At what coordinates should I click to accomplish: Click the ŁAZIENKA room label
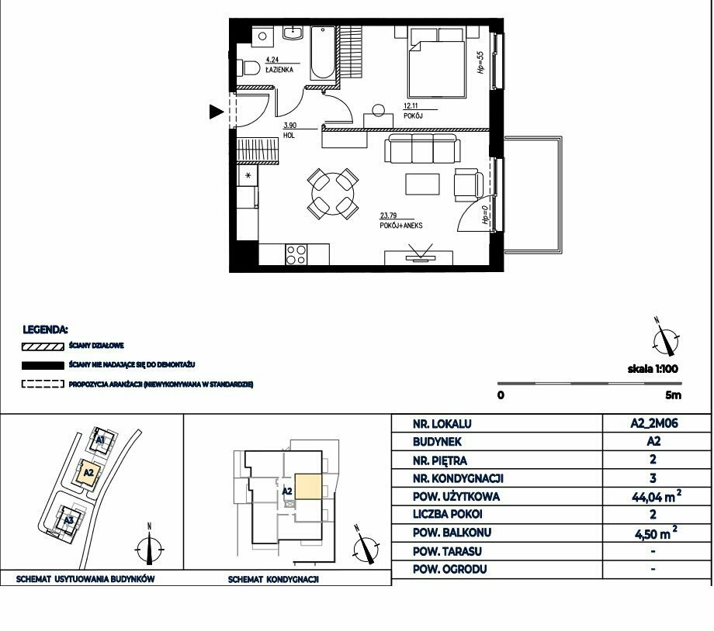tap(279, 70)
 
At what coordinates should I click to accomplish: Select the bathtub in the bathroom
tap(322, 53)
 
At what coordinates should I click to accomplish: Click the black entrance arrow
tap(217, 112)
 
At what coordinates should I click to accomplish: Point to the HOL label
tap(289, 135)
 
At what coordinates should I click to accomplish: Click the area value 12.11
tap(411, 106)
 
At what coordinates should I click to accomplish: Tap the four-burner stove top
tap(296, 255)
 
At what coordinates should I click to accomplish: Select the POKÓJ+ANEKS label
tap(401, 226)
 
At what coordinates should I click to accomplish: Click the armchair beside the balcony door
tap(468, 184)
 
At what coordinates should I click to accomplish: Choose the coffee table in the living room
tap(422, 184)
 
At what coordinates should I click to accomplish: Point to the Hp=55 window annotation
tap(480, 62)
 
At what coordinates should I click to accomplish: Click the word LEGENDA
tap(45, 329)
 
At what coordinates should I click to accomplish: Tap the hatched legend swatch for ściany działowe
tap(43, 347)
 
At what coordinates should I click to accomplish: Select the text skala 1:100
tap(653, 369)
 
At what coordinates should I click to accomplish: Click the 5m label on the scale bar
tap(673, 395)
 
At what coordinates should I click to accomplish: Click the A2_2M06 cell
tap(654, 423)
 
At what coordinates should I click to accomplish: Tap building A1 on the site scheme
tap(101, 440)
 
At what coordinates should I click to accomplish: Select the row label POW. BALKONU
tap(452, 533)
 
